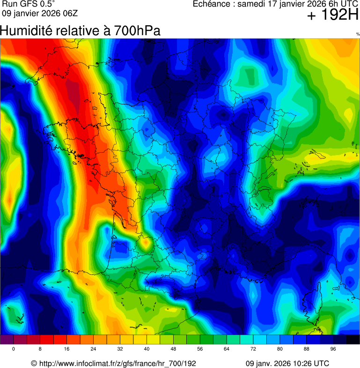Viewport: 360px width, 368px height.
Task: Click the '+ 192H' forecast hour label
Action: click(332, 15)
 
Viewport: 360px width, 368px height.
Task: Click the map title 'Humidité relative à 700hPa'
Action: click(80, 31)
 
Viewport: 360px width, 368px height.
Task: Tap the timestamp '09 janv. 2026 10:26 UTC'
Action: click(287, 363)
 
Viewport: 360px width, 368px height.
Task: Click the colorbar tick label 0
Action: click(13, 349)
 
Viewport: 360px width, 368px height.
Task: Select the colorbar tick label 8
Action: click(40, 349)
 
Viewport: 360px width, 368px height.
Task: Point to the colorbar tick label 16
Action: click(66, 349)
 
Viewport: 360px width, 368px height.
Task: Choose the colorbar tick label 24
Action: click(93, 349)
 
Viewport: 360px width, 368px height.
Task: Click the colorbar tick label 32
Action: click(120, 349)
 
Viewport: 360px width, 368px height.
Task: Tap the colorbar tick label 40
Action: click(147, 349)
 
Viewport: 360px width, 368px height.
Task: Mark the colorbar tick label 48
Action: click(173, 349)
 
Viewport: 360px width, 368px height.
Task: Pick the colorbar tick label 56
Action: click(200, 349)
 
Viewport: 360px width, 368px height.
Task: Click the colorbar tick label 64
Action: click(227, 349)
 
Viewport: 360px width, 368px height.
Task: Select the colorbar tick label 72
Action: click(253, 349)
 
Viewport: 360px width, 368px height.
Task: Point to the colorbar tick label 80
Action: click(280, 349)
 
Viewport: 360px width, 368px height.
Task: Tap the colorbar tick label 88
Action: click(307, 349)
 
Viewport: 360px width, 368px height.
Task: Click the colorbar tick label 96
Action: click(333, 349)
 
